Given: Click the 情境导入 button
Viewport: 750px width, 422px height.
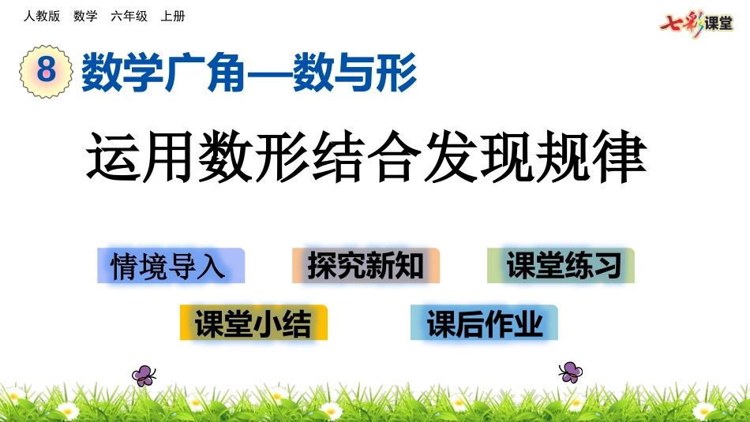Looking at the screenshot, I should point(171,266).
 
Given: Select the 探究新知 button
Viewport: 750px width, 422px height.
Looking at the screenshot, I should point(366,266).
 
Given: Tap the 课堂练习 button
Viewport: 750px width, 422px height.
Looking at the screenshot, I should point(561,266).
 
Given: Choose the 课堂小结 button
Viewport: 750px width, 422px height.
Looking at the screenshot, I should point(253,323).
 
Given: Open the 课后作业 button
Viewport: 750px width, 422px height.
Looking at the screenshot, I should point(484,323).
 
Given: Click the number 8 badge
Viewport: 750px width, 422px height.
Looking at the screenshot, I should point(46,70).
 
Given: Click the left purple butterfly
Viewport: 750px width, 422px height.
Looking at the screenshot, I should point(144,375).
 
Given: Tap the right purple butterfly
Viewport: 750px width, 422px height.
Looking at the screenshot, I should point(570,372).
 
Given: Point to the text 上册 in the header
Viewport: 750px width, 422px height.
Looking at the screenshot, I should point(172,16).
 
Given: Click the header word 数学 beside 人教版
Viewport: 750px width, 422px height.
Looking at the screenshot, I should point(85,16).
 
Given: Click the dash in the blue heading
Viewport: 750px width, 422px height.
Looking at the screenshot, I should point(268,73).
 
